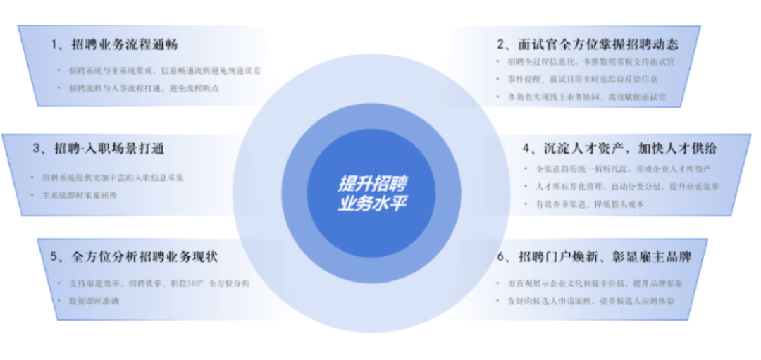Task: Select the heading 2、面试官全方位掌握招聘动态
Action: point(588,44)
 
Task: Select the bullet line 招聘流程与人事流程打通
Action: point(144,88)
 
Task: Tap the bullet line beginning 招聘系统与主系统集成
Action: point(165,70)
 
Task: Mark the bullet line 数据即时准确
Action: point(95,301)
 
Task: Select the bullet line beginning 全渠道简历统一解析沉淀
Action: point(623,169)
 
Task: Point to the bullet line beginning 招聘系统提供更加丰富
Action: point(113,178)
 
